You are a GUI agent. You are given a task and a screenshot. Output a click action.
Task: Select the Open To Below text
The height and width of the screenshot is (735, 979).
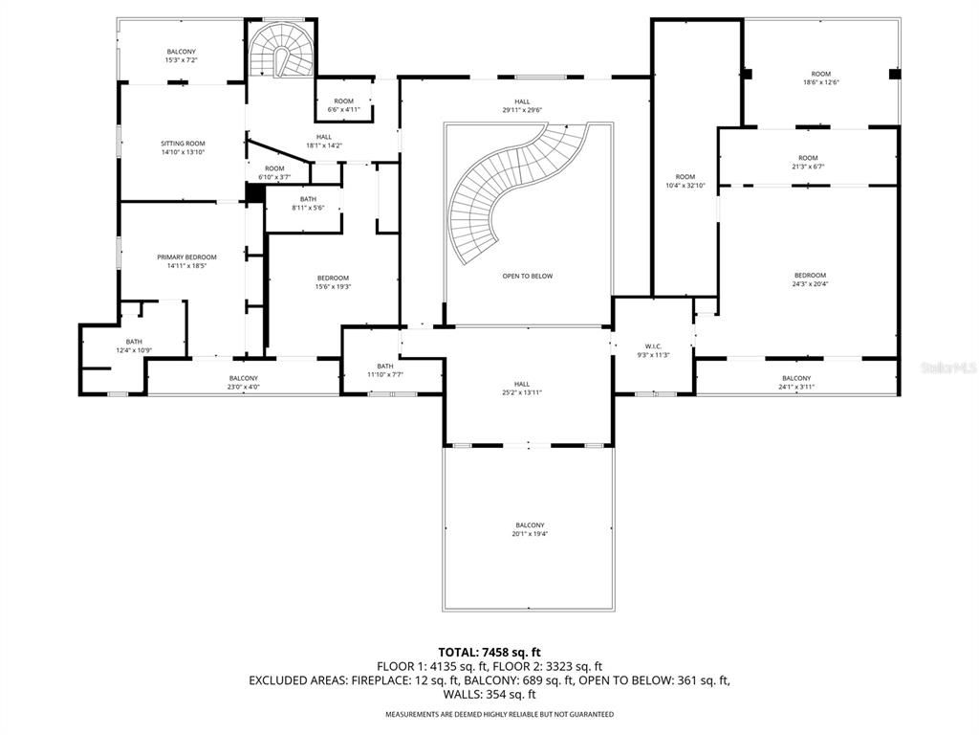527,277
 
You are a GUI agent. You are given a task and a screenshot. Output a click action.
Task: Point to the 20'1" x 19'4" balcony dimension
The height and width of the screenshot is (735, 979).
530,534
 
